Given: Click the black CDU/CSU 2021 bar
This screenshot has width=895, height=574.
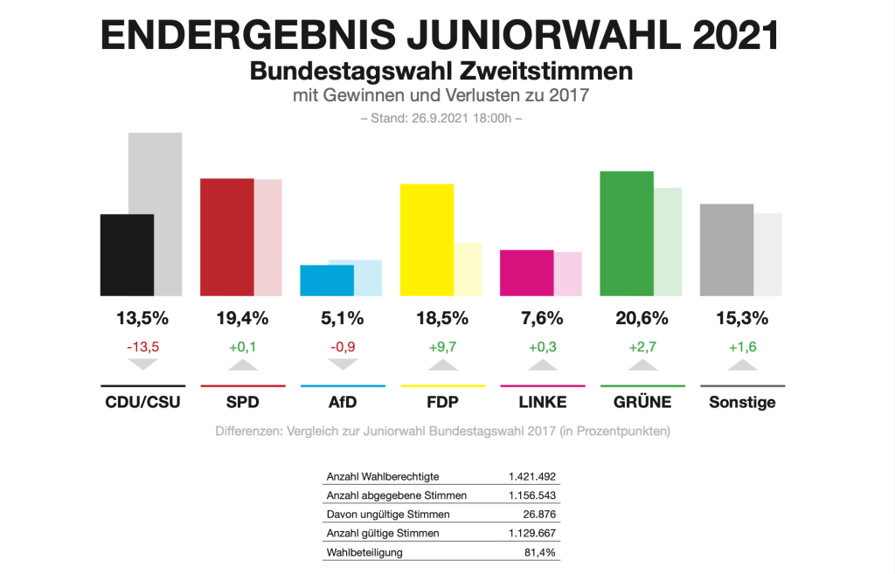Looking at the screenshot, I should [128, 254].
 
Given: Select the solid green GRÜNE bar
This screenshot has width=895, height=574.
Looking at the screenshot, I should [627, 233].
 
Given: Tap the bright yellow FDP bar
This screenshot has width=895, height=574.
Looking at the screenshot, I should [427, 239].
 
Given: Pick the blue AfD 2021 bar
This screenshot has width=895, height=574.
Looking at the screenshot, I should [327, 280].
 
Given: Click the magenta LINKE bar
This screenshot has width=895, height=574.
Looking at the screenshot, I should [526, 273].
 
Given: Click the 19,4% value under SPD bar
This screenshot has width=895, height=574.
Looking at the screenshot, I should [242, 318].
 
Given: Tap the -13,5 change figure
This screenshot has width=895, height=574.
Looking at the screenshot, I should [142, 347].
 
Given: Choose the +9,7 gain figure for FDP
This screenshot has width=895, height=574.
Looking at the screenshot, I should [442, 347].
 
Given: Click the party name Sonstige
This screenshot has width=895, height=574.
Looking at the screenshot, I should [742, 402].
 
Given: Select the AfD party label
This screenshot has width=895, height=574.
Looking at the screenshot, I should [343, 402].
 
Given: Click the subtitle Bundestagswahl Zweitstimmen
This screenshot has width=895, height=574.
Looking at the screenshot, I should [441, 71].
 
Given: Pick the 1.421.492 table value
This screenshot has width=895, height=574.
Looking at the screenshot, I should [532, 476].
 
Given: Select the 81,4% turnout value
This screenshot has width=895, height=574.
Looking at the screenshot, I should [540, 551].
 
